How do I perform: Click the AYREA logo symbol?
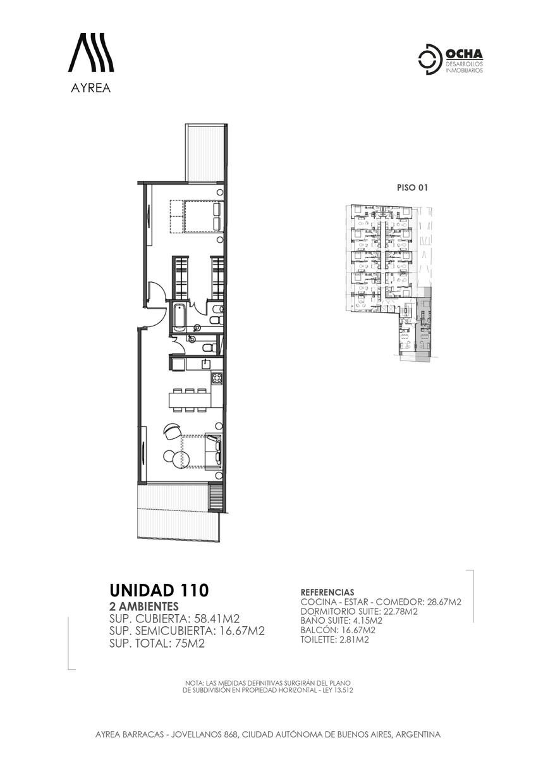(91, 52)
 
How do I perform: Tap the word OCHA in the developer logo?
(464, 54)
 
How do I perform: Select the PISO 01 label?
(412, 187)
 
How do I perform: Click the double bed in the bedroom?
(204, 217)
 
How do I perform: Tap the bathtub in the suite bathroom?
(179, 317)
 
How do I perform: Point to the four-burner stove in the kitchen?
(217, 378)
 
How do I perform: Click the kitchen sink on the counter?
(206, 364)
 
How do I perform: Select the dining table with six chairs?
(190, 400)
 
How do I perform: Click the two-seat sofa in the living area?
(215, 451)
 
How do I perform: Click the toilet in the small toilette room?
(207, 347)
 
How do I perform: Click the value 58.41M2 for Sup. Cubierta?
(216, 619)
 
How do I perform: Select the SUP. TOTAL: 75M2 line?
(157, 643)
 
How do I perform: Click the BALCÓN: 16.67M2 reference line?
(338, 630)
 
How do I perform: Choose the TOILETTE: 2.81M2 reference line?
(334, 639)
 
